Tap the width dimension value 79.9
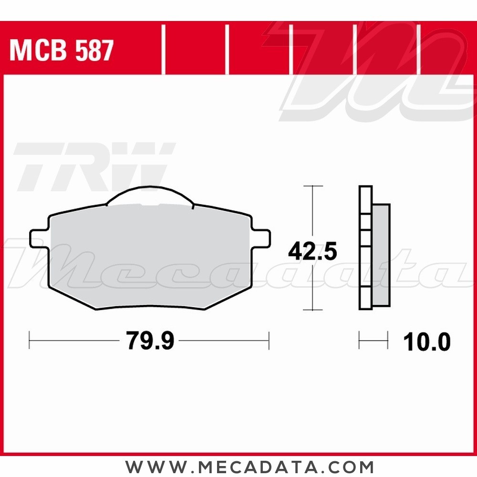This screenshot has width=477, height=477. click(150, 341)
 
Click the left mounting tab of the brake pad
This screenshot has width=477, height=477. click(38, 238)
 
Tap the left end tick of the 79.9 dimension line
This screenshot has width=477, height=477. click(30, 341)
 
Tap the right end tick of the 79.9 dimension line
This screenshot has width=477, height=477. click(269, 341)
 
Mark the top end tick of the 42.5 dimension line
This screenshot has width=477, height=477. click(312, 186)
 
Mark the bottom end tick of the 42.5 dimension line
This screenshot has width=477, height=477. click(312, 310)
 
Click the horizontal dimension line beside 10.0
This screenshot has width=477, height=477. click(373, 341)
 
